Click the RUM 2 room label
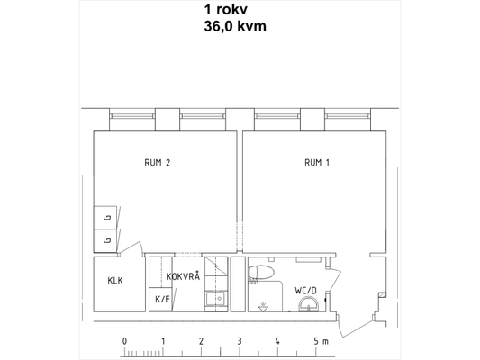click(x=157, y=162)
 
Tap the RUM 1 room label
click(x=317, y=162)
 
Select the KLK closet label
click(x=115, y=280)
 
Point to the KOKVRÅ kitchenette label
click(x=183, y=275)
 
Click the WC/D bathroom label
click(x=305, y=291)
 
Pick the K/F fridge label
click(x=162, y=299)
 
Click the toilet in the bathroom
click(x=260, y=272)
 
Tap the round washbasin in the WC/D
click(x=309, y=304)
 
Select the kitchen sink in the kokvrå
click(x=216, y=298)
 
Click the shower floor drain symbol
click(x=263, y=307)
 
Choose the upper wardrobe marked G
click(x=105, y=218)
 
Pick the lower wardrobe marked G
click(x=105, y=240)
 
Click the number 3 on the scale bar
click(x=240, y=341)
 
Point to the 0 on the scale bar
click(x=124, y=341)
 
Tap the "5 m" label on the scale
click(x=321, y=341)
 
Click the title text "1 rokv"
click(x=226, y=10)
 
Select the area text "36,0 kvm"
click(x=235, y=26)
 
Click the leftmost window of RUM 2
click(x=132, y=116)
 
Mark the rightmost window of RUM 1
click(x=348, y=116)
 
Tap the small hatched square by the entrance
click(x=382, y=295)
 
